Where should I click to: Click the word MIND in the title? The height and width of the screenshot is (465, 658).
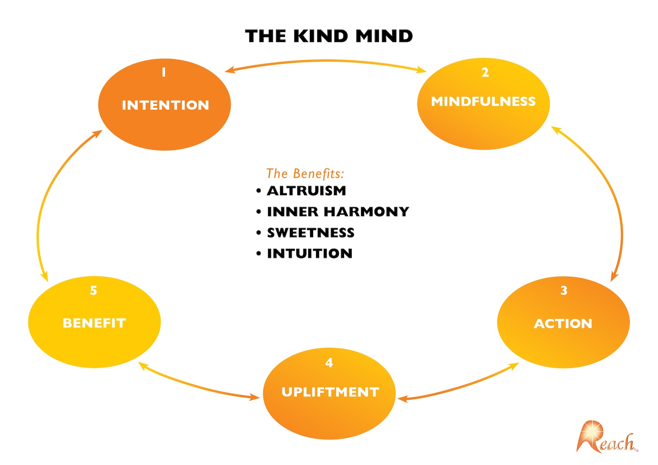[384, 36]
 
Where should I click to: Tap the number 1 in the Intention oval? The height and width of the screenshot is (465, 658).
[164, 72]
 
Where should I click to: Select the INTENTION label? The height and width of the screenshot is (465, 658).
[165, 105]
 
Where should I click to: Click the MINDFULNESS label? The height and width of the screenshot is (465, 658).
[483, 101]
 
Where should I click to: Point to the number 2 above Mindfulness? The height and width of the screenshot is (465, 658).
[485, 73]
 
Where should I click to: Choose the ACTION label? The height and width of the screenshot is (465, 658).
[563, 324]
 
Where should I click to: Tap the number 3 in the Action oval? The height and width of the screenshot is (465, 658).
[564, 291]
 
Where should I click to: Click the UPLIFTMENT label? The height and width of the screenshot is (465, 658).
[330, 392]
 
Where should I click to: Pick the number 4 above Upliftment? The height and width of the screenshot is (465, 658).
[329, 363]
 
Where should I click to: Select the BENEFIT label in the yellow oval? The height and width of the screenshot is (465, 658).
[94, 323]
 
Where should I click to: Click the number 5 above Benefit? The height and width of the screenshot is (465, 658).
[94, 291]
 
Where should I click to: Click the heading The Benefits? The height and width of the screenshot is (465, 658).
[305, 174]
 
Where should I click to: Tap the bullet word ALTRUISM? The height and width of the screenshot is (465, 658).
[306, 191]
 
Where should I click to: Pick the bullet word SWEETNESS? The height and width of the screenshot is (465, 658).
[311, 233]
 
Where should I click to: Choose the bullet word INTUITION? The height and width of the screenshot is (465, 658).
[309, 253]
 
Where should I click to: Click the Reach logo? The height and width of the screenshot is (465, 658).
[606, 438]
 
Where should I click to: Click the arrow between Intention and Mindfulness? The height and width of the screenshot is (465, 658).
[326, 61]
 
